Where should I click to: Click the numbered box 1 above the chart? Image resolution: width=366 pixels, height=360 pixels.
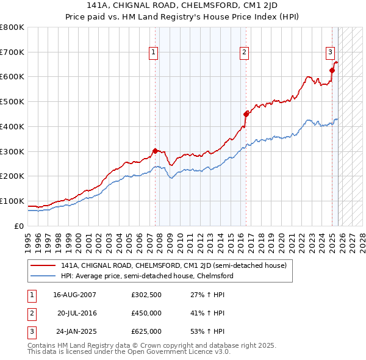click(153, 53)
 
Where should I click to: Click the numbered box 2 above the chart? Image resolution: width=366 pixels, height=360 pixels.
click(244, 53)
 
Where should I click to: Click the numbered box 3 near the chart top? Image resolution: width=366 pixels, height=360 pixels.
click(330, 53)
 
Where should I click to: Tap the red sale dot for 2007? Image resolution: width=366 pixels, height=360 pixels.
click(155, 150)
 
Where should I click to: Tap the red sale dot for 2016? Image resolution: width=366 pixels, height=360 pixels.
click(246, 113)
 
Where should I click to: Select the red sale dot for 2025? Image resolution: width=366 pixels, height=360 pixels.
click(332, 70)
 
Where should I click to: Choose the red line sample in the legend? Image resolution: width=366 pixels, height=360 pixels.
click(43, 265)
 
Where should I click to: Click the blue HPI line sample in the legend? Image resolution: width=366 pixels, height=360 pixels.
click(43, 276)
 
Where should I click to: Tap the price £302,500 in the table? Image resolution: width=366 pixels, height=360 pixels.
click(146, 295)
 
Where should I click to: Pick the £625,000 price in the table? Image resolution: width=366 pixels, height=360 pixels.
click(146, 331)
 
